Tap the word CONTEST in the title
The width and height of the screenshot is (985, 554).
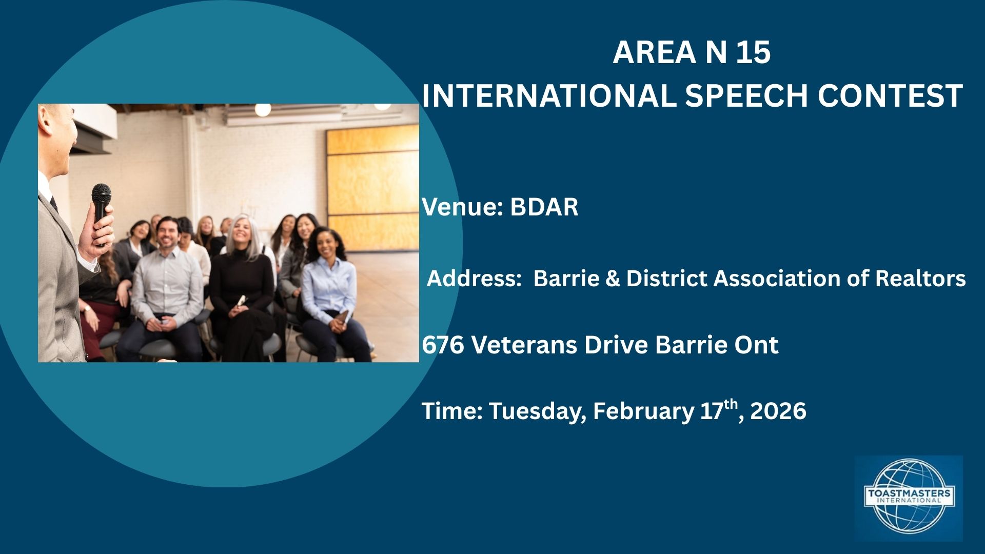pyautogui.click(x=890, y=96)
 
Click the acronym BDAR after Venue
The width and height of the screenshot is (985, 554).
pyautogui.click(x=544, y=207)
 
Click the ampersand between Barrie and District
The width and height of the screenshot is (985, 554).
pyautogui.click(x=613, y=279)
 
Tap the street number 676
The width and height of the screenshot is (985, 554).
pyautogui.click(x=443, y=345)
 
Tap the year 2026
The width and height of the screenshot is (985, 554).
pyautogui.click(x=778, y=411)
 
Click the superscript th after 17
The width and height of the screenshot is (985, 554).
pyautogui.click(x=731, y=404)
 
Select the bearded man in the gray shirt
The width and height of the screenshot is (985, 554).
pyautogui.click(x=167, y=277)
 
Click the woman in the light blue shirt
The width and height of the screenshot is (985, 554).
pyautogui.click(x=328, y=282)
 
